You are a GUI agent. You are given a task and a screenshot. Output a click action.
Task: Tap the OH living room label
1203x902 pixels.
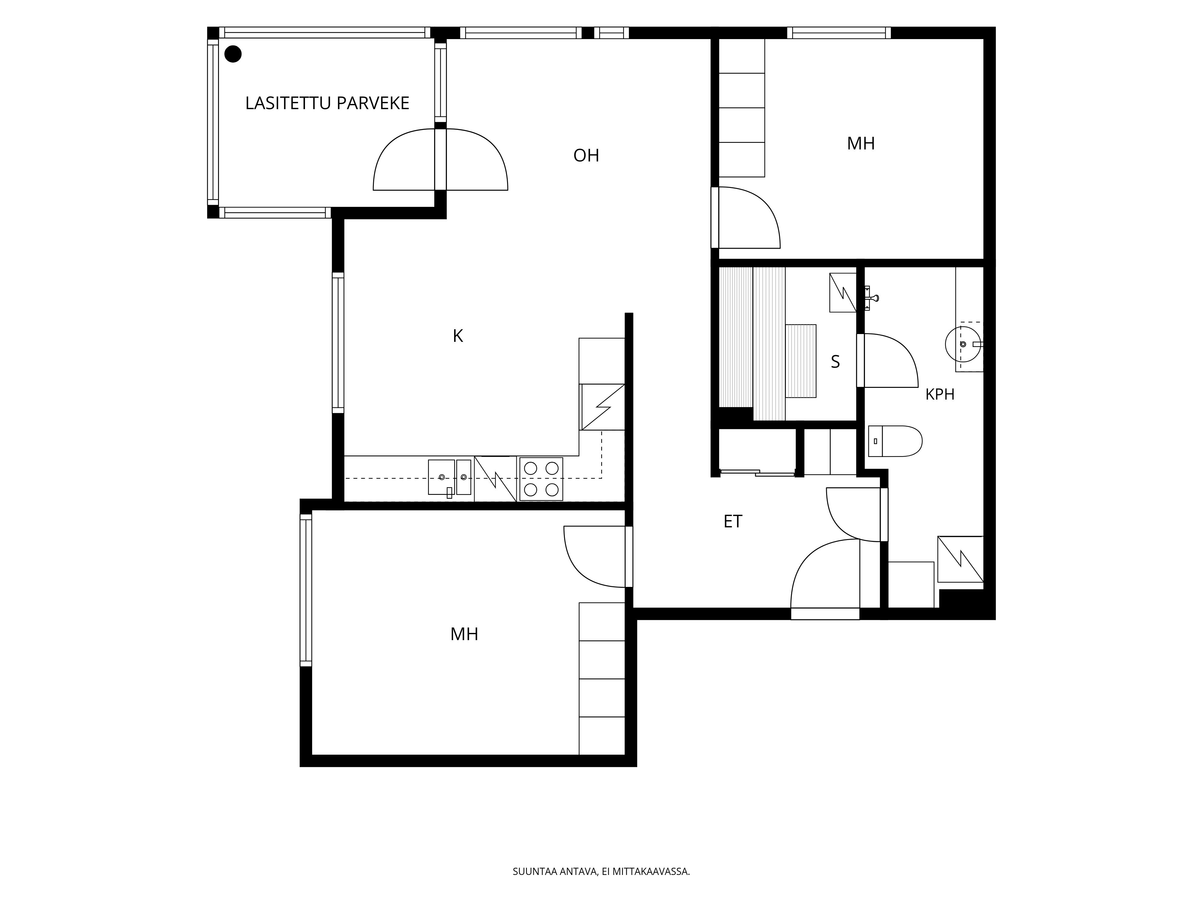pyautogui.click(x=586, y=155)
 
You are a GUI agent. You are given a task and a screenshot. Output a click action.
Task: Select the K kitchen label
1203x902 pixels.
pyautogui.click(x=458, y=336)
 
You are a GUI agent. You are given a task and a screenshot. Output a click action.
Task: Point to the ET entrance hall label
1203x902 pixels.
pyautogui.click(x=733, y=521)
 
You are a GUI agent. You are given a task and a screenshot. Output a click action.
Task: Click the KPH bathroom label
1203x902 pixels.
pyautogui.click(x=940, y=394)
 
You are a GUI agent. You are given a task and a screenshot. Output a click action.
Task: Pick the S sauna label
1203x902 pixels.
pyautogui.click(x=835, y=362)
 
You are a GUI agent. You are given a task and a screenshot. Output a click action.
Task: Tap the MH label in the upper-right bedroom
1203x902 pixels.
pyautogui.click(x=861, y=143)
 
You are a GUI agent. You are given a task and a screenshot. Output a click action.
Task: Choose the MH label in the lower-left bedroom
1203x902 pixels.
pyautogui.click(x=464, y=634)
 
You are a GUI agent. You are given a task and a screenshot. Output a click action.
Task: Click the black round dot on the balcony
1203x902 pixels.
pyautogui.click(x=233, y=54)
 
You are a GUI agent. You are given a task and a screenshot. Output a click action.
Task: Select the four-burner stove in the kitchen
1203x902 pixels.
pyautogui.click(x=541, y=479)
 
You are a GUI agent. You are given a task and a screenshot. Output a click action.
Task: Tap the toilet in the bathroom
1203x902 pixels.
pyautogui.click(x=895, y=441)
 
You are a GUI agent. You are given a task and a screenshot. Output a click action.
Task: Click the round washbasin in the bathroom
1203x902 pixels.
pyautogui.click(x=963, y=344)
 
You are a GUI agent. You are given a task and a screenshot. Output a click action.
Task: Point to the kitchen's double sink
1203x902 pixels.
pyautogui.click(x=450, y=477)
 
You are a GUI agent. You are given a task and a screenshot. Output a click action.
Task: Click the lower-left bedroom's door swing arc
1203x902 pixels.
pyautogui.click(x=582, y=566)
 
